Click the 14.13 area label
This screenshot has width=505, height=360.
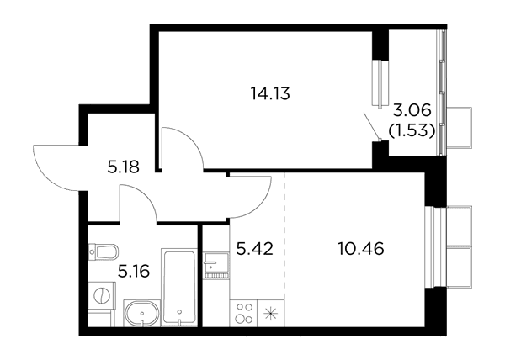point(270,94)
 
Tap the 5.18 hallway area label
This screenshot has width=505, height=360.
point(124,167)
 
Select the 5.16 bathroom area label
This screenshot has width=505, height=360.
point(134,272)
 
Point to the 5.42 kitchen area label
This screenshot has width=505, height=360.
point(255,249)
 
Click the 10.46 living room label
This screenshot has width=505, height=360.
point(361,249)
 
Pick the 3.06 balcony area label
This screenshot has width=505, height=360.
point(412,111)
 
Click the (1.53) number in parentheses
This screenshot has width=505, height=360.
point(412,130)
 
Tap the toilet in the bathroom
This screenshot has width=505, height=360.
point(104,251)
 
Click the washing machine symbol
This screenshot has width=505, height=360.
point(102,295)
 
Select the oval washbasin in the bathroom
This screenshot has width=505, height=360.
point(142,313)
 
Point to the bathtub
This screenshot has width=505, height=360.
point(179,287)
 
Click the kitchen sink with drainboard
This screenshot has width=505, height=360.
point(216,266)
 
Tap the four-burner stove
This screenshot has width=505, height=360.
point(243,313)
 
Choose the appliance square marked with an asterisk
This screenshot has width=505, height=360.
point(270,313)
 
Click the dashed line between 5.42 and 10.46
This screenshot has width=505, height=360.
point(284,236)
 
